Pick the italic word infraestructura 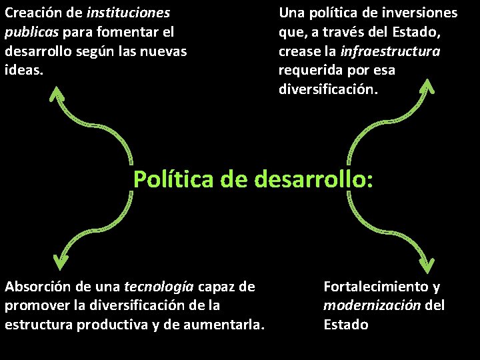coord(390,51)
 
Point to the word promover coord(33,305)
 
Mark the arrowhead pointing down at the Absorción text coord(61,261)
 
